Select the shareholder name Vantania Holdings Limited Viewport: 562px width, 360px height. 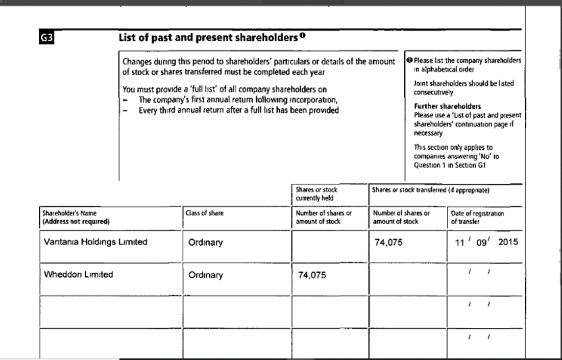[x=93, y=242]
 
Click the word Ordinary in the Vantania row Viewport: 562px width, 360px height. [x=206, y=243]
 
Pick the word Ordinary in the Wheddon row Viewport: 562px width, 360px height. [x=206, y=275]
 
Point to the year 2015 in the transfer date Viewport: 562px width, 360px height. [x=508, y=243]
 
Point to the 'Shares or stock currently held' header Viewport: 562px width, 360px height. [x=317, y=194]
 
